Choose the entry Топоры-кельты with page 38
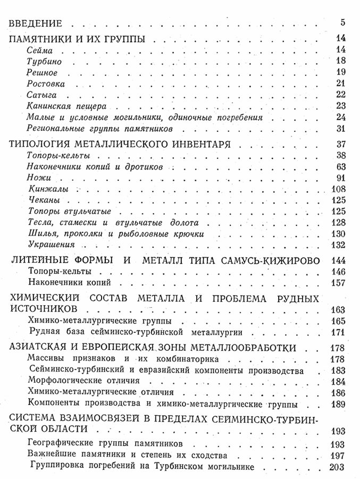coord(57,156)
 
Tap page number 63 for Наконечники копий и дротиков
coord(341,167)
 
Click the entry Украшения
coord(49,245)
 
